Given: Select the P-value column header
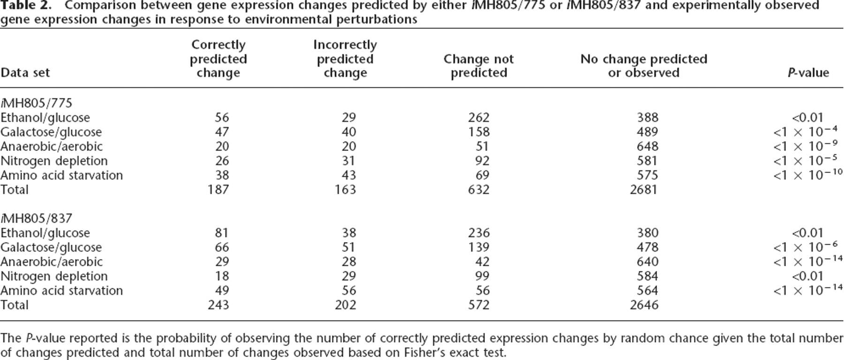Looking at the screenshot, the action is pyautogui.click(x=808, y=73).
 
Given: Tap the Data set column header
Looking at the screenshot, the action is pyautogui.click(x=25, y=73).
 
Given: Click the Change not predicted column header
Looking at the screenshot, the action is pyautogui.click(x=479, y=66).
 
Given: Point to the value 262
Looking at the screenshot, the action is pyautogui.click(x=479, y=118).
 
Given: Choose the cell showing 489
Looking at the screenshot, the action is pyautogui.click(x=647, y=132).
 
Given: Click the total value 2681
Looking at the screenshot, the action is pyautogui.click(x=644, y=190).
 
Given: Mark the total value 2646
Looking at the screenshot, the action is pyautogui.click(x=644, y=305).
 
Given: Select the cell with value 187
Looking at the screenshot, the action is pyautogui.click(x=218, y=190).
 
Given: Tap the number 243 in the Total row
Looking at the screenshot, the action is pyautogui.click(x=218, y=305).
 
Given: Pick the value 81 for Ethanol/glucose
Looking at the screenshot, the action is pyautogui.click(x=222, y=233).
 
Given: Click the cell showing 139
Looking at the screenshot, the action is pyautogui.click(x=479, y=247).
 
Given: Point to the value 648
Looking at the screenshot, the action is pyautogui.click(x=647, y=147).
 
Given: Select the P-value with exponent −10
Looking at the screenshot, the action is pyautogui.click(x=808, y=175).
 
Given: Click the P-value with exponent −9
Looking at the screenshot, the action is pyautogui.click(x=806, y=146).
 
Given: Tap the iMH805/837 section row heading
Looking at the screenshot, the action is pyautogui.click(x=37, y=218).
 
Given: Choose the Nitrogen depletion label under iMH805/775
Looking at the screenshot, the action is pyautogui.click(x=54, y=161).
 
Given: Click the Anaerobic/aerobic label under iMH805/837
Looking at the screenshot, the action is pyautogui.click(x=52, y=262).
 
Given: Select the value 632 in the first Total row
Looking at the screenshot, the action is pyautogui.click(x=479, y=190).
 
